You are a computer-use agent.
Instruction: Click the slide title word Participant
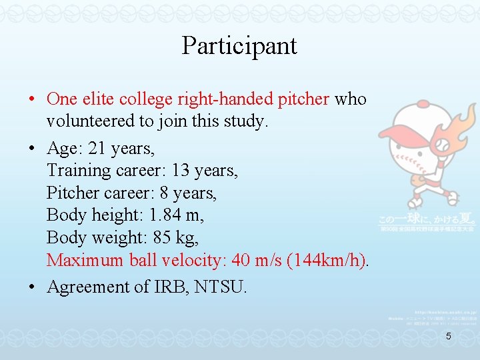239,46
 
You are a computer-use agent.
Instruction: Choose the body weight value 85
164,237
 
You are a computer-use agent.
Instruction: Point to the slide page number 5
449,337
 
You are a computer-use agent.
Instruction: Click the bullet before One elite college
32,100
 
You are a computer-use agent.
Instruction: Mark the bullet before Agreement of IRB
32,287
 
